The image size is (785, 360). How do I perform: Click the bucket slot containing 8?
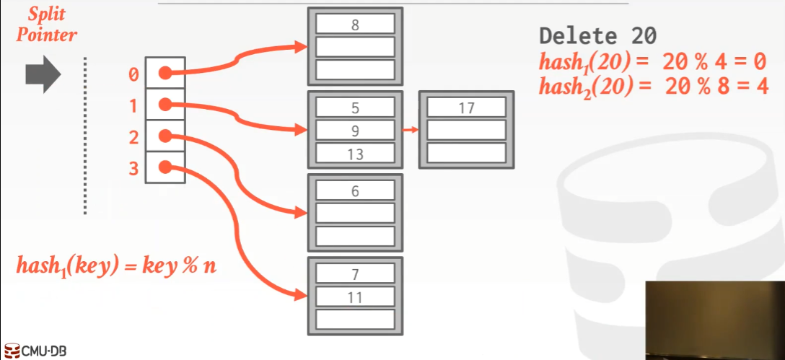pyautogui.click(x=355, y=24)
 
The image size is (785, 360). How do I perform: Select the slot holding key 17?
pyautogui.click(x=466, y=107)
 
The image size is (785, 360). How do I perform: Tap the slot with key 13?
pyautogui.click(x=355, y=154)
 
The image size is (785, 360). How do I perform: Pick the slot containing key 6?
pyautogui.click(x=355, y=190)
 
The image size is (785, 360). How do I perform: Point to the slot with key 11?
pyautogui.click(x=355, y=297)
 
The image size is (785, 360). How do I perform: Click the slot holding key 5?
pyautogui.click(x=355, y=107)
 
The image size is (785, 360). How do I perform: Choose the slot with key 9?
pyautogui.click(x=355, y=131)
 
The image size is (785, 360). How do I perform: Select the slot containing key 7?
pyautogui.click(x=355, y=273)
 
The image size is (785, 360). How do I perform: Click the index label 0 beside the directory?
pyautogui.click(x=133, y=74)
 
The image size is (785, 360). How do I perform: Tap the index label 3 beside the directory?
pyautogui.click(x=133, y=168)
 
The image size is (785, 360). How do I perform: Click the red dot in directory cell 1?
pyautogui.click(x=165, y=105)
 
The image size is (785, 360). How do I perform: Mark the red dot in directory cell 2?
pyautogui.click(x=165, y=136)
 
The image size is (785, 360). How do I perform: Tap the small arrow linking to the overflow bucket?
pyautogui.click(x=410, y=131)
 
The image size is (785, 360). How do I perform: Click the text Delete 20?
pyautogui.click(x=597, y=37)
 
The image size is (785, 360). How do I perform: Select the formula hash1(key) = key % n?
pyautogui.click(x=116, y=265)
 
